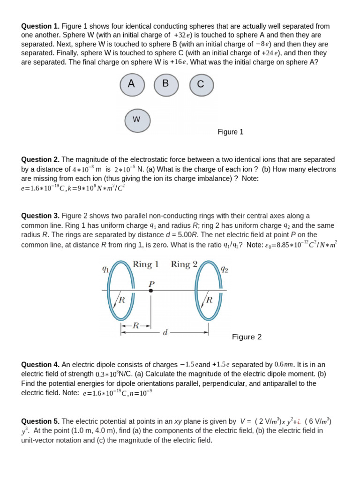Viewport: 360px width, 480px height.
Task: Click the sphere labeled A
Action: tap(132, 84)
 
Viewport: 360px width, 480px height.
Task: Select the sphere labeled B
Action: tap(166, 85)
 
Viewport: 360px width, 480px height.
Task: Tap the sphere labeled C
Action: tap(201, 85)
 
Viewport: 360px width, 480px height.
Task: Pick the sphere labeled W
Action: tap(137, 120)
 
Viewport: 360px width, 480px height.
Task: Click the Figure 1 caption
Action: tap(230, 132)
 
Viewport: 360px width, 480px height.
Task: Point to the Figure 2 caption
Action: tap(247, 337)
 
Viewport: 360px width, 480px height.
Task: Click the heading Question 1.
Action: tap(40, 26)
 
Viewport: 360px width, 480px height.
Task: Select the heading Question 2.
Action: tap(40, 160)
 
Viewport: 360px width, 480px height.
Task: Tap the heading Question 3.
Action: tap(40, 216)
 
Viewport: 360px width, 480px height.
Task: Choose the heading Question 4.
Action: tap(40, 365)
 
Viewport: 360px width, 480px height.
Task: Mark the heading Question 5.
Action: tap(40, 421)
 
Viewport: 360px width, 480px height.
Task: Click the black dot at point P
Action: tap(151, 291)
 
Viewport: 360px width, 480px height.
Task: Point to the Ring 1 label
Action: tap(146, 264)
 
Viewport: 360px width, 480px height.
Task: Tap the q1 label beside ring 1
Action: tap(105, 269)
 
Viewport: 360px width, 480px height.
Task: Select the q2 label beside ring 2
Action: tap(225, 269)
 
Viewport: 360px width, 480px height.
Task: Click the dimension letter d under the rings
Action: tap(165, 333)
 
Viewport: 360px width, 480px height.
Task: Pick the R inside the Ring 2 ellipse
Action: tap(210, 300)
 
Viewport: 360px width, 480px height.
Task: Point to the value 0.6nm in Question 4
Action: tap(285, 365)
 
